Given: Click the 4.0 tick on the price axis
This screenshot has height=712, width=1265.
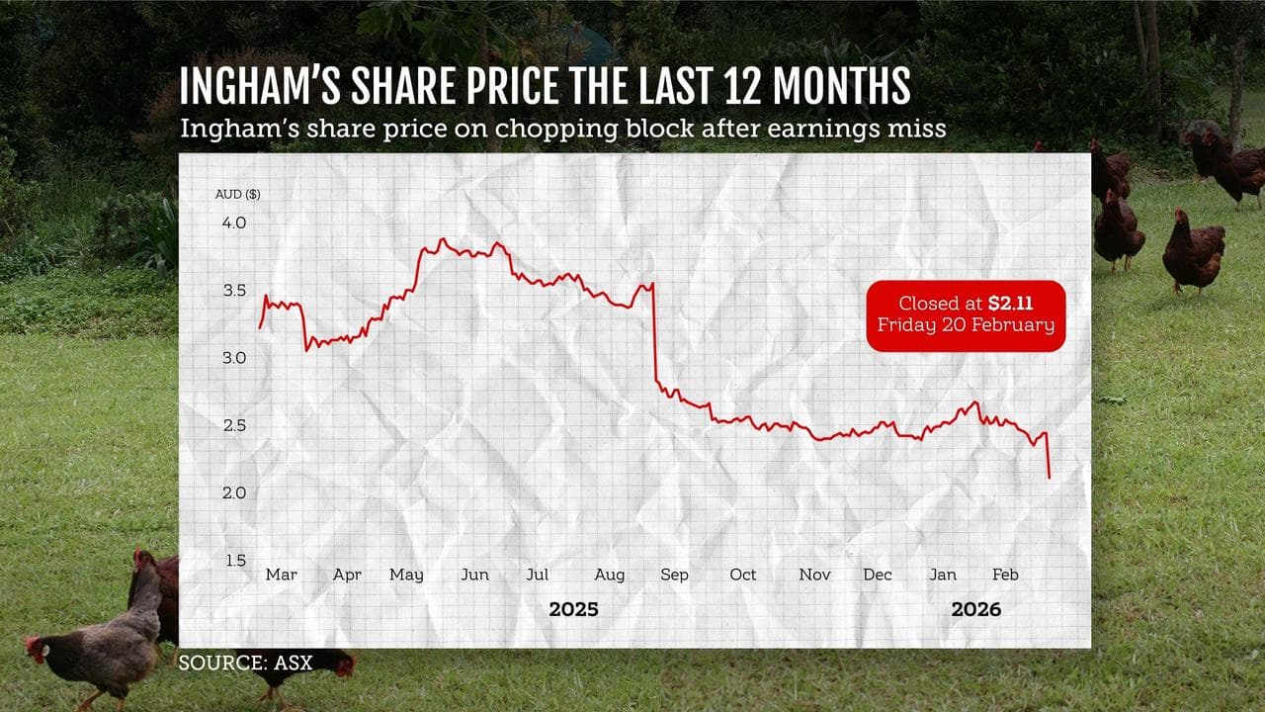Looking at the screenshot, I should point(233,223).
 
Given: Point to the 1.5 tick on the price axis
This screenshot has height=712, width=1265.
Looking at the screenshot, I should point(233,561).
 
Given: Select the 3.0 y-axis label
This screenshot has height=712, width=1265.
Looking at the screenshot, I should point(233,357).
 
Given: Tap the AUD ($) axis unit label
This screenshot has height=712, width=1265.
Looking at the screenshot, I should point(238,194).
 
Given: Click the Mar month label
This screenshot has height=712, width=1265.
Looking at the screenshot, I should point(281,575).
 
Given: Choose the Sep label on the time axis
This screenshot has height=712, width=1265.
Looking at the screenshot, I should point(674,575).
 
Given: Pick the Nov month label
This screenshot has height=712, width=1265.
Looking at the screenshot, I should point(814,575).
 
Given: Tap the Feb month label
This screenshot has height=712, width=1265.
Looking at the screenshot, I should point(1005,575).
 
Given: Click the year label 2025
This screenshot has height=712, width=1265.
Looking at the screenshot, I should point(573,609).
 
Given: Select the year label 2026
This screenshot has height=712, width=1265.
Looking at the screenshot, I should point(975,609).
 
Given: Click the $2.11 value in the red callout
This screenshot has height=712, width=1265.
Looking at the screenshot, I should point(1010,304).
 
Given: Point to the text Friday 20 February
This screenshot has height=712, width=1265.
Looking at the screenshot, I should point(966,325).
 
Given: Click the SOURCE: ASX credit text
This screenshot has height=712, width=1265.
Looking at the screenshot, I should point(245,663).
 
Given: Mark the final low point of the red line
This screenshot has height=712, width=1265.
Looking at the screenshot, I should point(1049,478).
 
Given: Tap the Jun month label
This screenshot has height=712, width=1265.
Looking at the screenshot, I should point(475,575).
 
